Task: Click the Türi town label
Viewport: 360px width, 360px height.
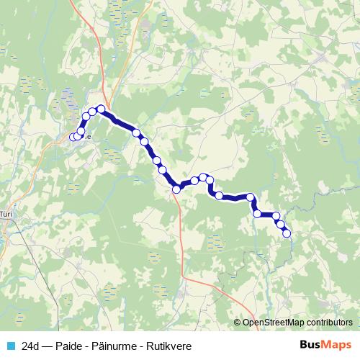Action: pyautogui.click(x=6, y=214)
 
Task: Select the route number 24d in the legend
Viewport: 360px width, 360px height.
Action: pyautogui.click(x=30, y=346)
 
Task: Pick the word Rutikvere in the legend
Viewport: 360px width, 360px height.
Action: pyautogui.click(x=169, y=346)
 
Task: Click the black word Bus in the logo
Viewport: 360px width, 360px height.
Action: pyautogui.click(x=310, y=346)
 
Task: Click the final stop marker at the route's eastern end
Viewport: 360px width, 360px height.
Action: pyautogui.click(x=287, y=233)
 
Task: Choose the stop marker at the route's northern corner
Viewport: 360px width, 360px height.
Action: pyautogui.click(x=101, y=109)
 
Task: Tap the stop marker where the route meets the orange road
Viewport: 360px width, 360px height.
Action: pyautogui.click(x=176, y=189)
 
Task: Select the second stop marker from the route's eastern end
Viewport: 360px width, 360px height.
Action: pyautogui.click(x=282, y=225)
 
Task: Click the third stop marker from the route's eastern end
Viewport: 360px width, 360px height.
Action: pyautogui.click(x=276, y=216)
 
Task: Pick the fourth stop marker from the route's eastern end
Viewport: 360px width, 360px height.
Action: pyautogui.click(x=257, y=213)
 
